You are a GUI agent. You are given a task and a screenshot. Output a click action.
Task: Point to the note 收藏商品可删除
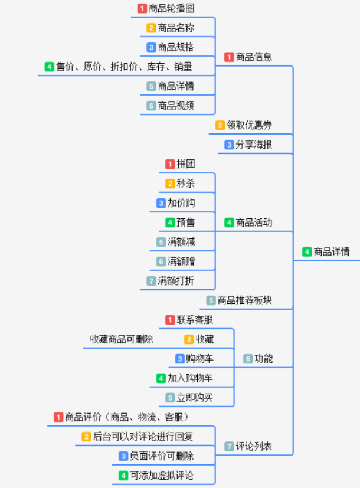pyautogui.click(x=122, y=339)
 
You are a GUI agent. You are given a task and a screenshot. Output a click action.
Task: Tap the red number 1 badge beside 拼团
pyautogui.click(x=170, y=164)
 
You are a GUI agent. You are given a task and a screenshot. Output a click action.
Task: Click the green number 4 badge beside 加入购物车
pyautogui.click(x=161, y=378)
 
